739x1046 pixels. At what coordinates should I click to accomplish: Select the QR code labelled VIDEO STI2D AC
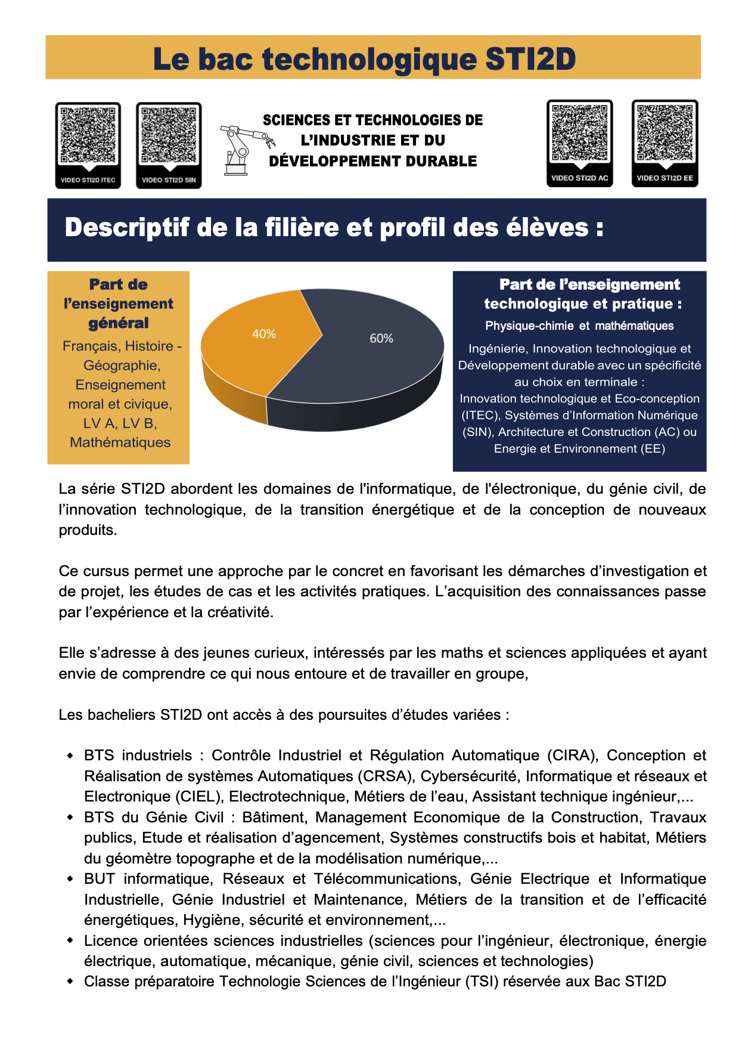tap(580, 134)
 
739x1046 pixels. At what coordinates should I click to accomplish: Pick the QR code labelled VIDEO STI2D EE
tap(665, 134)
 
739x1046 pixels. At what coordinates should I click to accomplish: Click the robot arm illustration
tap(244, 149)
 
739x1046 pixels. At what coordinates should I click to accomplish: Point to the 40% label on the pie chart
tap(264, 334)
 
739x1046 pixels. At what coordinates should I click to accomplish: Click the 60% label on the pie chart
tap(381, 338)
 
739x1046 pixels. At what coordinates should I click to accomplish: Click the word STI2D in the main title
tap(530, 59)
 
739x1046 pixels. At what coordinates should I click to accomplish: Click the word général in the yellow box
tap(119, 323)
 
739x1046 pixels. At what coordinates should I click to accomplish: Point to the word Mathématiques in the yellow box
tap(120, 442)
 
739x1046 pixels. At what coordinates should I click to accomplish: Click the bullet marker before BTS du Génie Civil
tap(70, 817)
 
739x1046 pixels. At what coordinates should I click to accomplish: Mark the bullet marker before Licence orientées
tap(70, 940)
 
